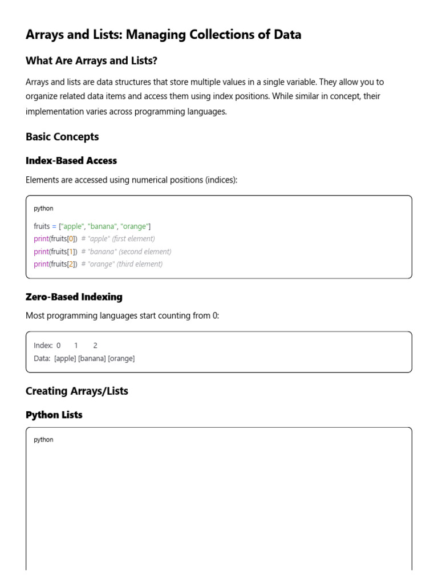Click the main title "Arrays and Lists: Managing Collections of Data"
click(163, 35)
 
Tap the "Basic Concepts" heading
click(62, 137)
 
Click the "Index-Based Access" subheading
click(71, 161)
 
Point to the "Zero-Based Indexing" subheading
click(74, 297)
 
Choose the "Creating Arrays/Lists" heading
click(77, 391)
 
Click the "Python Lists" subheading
click(54, 415)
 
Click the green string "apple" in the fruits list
click(73, 226)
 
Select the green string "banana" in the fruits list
click(103, 226)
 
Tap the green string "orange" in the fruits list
click(135, 226)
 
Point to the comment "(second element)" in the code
click(145, 252)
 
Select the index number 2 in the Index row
click(95, 346)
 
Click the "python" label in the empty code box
click(43, 440)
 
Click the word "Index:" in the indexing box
click(43, 346)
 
